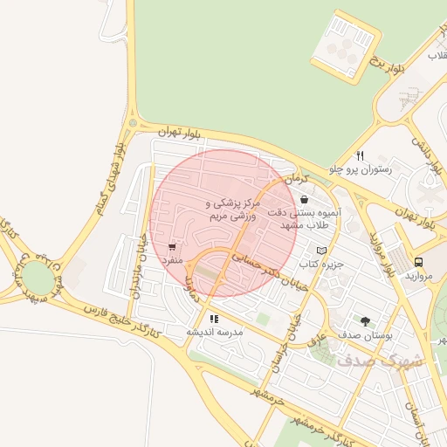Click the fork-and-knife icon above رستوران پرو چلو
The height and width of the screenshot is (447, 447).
tap(360, 155)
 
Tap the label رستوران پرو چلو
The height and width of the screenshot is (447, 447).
tap(361, 168)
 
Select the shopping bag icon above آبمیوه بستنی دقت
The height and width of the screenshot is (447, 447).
tap(303, 200)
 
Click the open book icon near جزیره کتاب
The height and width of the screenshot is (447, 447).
tap(321, 251)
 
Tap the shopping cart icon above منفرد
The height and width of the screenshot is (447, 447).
tap(170, 247)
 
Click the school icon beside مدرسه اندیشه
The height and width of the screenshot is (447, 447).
tap(214, 320)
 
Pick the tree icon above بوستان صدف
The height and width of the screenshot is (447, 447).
tap(364, 321)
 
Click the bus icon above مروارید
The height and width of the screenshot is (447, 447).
tap(418, 262)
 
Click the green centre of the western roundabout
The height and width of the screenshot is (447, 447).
tap(36, 278)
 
